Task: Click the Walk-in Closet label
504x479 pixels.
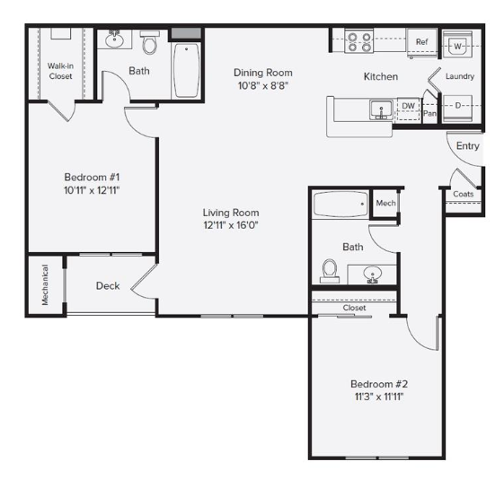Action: click(x=60, y=71)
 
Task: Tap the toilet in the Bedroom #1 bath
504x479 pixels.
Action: click(x=149, y=42)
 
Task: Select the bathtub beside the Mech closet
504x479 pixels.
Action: click(x=340, y=204)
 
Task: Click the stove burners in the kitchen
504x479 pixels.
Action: click(x=359, y=40)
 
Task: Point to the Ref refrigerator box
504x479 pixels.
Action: click(x=421, y=42)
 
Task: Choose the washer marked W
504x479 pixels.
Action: click(x=457, y=45)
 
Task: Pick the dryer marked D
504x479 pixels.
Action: click(x=457, y=108)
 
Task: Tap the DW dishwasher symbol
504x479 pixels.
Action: click(x=409, y=109)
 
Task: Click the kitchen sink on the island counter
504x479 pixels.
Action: click(x=381, y=110)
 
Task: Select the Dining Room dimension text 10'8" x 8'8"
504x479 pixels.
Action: click(x=263, y=86)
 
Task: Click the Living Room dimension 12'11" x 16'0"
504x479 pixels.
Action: click(x=231, y=225)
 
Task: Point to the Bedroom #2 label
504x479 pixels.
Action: click(x=379, y=384)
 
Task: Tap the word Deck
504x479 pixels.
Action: click(x=108, y=286)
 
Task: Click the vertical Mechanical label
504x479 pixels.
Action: click(x=45, y=285)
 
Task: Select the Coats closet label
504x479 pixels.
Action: click(x=464, y=194)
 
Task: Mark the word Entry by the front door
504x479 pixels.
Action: click(x=468, y=146)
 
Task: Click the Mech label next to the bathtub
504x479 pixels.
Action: click(x=385, y=203)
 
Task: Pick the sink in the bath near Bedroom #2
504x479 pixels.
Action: click(x=373, y=275)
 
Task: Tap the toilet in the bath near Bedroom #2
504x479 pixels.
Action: click(x=330, y=271)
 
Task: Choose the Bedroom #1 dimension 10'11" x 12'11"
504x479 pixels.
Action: click(x=92, y=190)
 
